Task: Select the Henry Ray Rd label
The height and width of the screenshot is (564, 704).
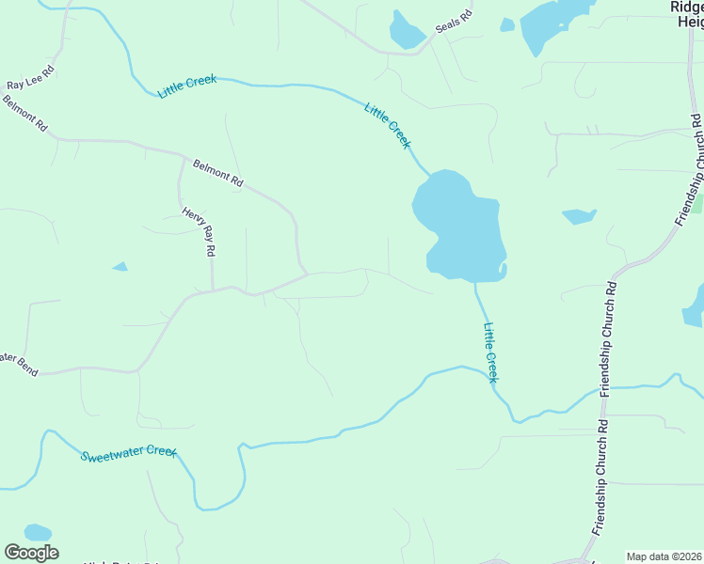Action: coord(200,232)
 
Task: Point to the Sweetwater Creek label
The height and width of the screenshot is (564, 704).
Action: coord(128,454)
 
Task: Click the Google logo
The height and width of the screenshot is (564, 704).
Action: coord(31,553)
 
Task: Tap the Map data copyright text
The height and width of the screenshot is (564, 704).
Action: coord(664,556)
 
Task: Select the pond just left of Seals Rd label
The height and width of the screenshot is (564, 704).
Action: coord(407,31)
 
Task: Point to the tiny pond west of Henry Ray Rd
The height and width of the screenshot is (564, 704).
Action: coord(120,267)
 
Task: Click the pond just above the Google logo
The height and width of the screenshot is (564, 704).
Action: coord(37,532)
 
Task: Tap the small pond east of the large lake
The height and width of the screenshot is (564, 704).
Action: coord(579,216)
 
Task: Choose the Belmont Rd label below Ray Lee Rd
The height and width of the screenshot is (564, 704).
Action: coord(25,117)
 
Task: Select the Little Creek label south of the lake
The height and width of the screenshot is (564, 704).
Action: coord(489,352)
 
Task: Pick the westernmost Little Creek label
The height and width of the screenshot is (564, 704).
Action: coord(187,86)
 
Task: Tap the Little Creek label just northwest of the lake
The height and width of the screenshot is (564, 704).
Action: coord(388,125)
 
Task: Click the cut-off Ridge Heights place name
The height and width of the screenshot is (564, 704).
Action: coord(687,14)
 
